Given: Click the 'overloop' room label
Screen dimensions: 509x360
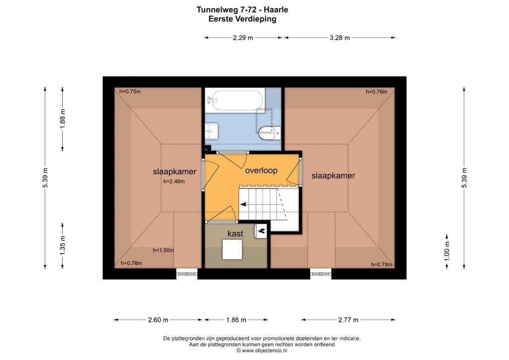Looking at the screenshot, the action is (x=261, y=171).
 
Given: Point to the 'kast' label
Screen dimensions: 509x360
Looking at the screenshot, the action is (x=235, y=234).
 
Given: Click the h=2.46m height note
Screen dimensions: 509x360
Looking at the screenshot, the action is (x=174, y=181).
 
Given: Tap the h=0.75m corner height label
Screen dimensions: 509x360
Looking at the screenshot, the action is (x=130, y=91).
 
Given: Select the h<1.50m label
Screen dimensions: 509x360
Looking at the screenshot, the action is (x=163, y=250).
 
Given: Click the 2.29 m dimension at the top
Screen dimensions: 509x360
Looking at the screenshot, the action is (x=243, y=38).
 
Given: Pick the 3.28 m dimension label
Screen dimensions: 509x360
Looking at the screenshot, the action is (x=340, y=38).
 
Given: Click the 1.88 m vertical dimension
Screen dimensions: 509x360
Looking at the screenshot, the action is (x=63, y=119).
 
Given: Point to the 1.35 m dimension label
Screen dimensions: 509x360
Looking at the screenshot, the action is (x=63, y=246).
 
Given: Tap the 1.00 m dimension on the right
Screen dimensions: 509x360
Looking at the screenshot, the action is (x=447, y=251).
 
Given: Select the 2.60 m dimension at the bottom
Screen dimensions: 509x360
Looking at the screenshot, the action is (x=158, y=320).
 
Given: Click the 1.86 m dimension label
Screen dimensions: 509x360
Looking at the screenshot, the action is (x=236, y=320).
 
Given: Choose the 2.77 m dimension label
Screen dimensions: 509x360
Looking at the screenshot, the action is (x=348, y=320).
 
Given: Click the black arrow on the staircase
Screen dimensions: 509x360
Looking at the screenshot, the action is (x=243, y=204).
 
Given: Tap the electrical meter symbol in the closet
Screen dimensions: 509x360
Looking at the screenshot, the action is (x=261, y=231).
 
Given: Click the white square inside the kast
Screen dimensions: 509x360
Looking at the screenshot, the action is (x=233, y=249).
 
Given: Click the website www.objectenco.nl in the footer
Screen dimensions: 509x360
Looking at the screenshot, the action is (x=264, y=351).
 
